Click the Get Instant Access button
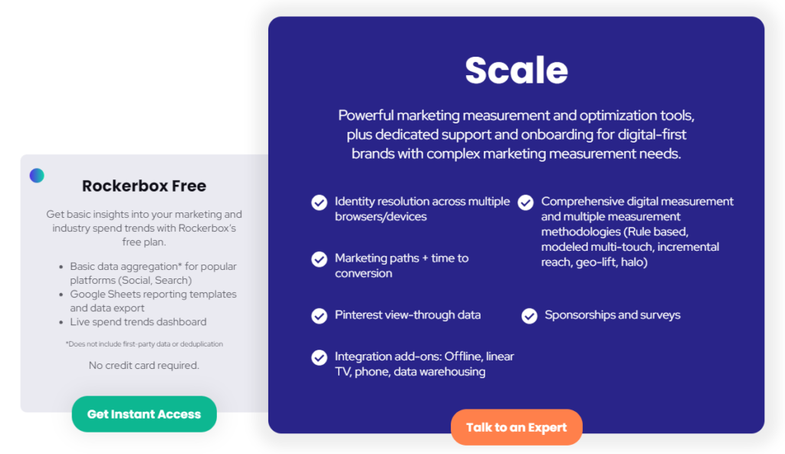[x=144, y=414]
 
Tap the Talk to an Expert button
[x=517, y=427]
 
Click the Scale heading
[x=516, y=71]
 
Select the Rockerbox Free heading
[x=144, y=186]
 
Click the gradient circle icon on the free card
[x=37, y=176]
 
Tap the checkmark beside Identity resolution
[x=319, y=202]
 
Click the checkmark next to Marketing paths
[x=319, y=259]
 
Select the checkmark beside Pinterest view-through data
[x=319, y=315]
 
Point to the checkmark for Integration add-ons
[x=319, y=357]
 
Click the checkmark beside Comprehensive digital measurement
[x=525, y=202]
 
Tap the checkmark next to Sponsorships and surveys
[x=529, y=316]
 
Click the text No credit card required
[x=144, y=365]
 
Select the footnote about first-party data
[x=144, y=344]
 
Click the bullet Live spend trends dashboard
[x=138, y=322]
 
